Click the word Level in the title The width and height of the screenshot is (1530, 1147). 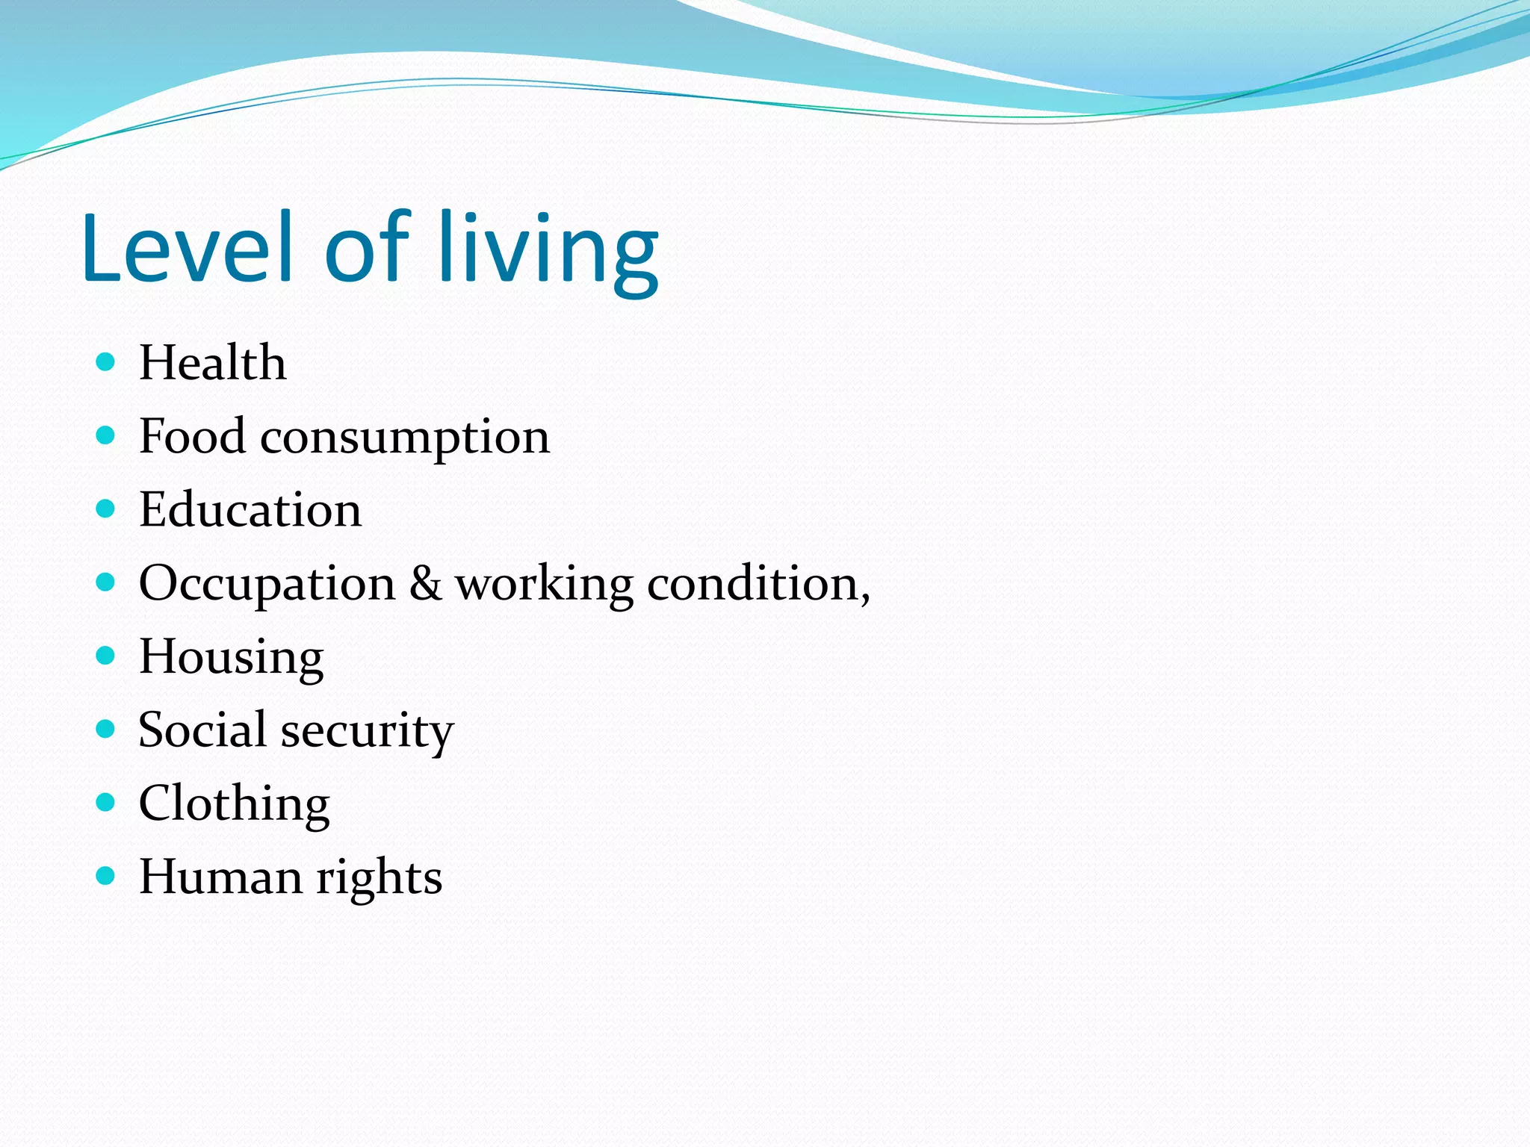point(187,248)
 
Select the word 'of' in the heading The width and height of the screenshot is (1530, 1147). point(366,248)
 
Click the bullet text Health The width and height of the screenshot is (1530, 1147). point(212,363)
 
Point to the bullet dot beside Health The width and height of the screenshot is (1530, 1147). point(106,362)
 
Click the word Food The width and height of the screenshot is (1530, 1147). point(192,436)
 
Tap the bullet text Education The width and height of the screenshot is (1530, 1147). point(250,510)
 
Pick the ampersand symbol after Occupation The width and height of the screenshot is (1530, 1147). point(425,583)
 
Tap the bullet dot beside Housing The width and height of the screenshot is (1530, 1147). point(106,656)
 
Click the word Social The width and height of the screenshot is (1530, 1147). point(202,730)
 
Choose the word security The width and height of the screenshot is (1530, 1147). point(367,733)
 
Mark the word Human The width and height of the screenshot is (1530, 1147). point(220,877)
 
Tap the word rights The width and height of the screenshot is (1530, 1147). point(379,879)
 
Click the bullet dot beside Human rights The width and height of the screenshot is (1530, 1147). point(106,875)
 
